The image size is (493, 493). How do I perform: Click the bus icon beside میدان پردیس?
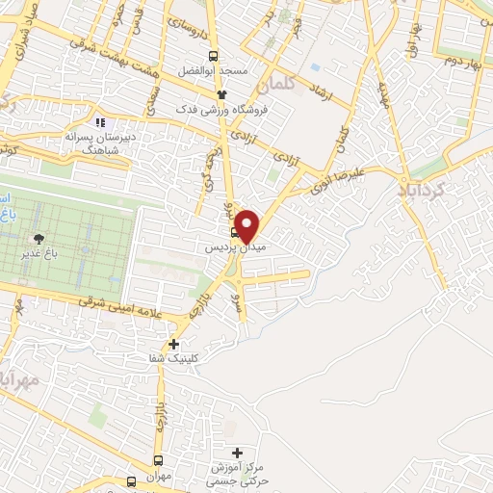click(x=235, y=232)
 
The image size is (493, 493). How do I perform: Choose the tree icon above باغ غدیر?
click(x=39, y=238)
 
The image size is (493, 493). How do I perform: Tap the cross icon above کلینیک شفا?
click(x=174, y=344)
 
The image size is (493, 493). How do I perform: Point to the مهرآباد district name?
click(x=19, y=379)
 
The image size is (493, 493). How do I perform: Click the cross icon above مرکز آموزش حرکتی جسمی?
click(x=238, y=453)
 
